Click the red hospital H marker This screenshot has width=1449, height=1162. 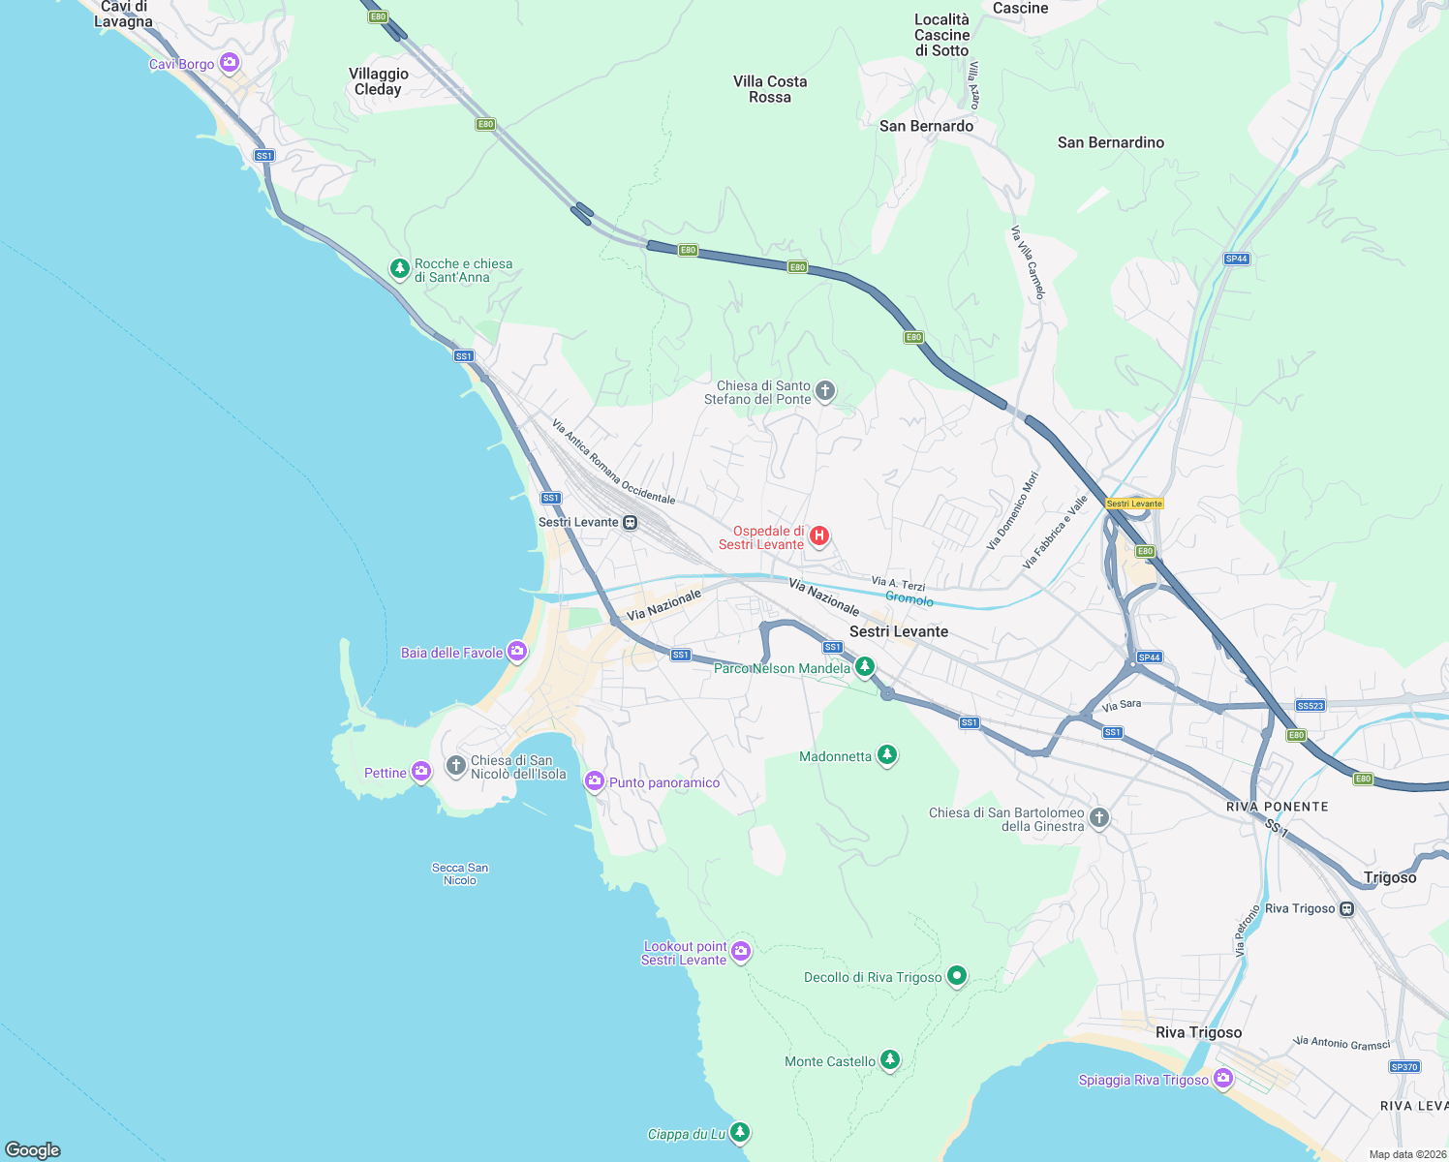(819, 536)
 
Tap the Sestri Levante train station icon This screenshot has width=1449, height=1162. (631, 523)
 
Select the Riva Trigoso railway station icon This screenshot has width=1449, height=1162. (1346, 909)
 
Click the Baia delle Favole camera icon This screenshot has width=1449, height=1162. (517, 652)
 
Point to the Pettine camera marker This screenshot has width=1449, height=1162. (421, 772)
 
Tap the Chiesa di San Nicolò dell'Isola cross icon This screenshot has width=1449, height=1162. (456, 766)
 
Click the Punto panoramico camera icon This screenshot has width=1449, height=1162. (595, 781)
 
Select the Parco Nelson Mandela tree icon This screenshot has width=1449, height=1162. (865, 666)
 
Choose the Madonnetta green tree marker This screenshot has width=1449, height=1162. (886, 755)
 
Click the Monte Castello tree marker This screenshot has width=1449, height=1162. (890, 1060)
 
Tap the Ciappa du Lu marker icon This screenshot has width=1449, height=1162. (740, 1132)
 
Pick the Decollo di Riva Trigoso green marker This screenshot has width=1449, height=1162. (957, 976)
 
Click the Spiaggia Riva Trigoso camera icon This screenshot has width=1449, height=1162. (1223, 1079)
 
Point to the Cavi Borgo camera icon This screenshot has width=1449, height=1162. (230, 64)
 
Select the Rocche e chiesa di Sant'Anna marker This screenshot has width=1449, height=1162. (399, 269)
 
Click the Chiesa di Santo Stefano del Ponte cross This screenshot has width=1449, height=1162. (825, 391)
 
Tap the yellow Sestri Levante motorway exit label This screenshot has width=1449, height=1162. (1134, 504)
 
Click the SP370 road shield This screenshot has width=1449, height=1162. (1404, 1067)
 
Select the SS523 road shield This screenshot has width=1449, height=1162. (1310, 706)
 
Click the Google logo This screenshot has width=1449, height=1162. (33, 1149)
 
